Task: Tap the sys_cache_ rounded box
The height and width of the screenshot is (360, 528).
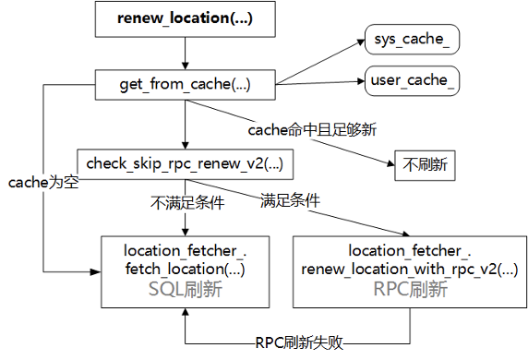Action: (411, 41)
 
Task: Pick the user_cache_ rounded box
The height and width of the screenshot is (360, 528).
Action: (413, 80)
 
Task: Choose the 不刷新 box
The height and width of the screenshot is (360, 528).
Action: (425, 166)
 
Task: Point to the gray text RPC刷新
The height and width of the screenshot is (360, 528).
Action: (411, 289)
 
